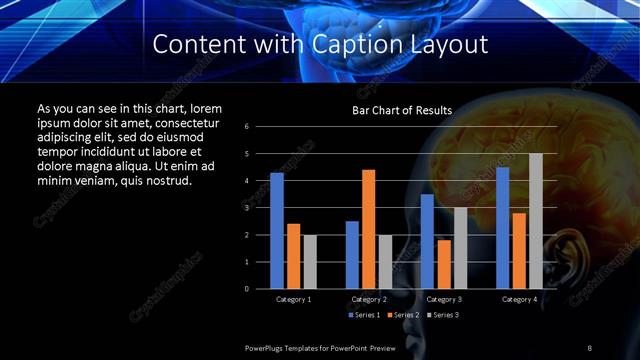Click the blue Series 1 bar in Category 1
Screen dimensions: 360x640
pos(277,231)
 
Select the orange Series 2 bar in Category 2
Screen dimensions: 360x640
pos(369,229)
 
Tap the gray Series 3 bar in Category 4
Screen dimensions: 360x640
pos(536,221)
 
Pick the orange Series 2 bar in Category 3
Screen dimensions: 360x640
pos(444,264)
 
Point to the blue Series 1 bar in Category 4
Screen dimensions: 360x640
pos(503,228)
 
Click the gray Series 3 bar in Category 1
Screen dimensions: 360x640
pos(310,262)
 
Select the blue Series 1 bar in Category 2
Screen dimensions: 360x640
pos(352,255)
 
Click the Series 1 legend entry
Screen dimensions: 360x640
pos(365,315)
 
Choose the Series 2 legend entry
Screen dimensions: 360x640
pos(405,315)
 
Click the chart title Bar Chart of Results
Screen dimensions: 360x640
pos(402,110)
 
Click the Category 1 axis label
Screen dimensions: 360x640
pos(293,299)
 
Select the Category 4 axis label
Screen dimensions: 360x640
pos(519,299)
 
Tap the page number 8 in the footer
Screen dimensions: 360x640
pos(589,347)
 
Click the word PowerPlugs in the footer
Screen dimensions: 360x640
pos(269,347)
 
